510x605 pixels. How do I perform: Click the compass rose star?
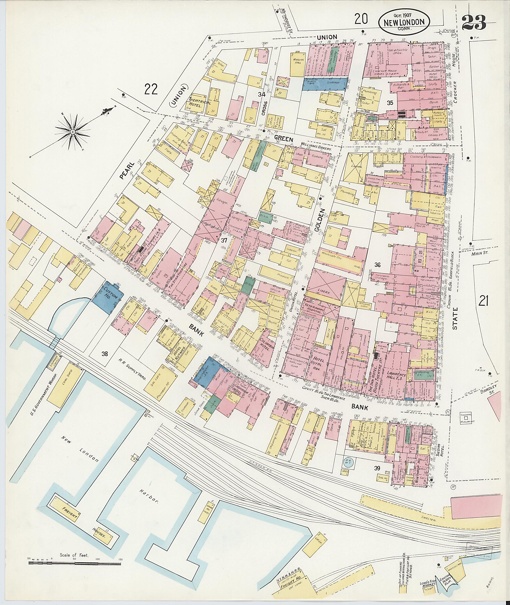pos(73,131)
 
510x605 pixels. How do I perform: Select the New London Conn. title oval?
pos(404,22)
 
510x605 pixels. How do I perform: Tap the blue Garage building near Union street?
pos(325,84)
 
